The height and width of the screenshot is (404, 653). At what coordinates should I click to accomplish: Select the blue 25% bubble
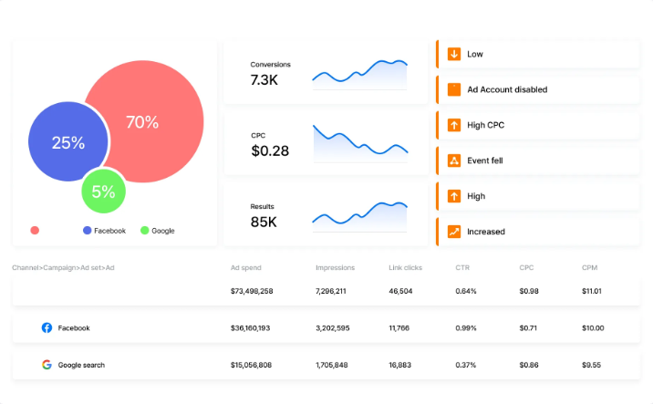point(67,141)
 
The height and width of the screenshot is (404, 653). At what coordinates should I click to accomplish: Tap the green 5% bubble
point(103,192)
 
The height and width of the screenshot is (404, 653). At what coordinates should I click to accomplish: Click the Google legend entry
point(158,231)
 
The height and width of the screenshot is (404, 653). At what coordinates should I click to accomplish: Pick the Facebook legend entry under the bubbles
point(104,231)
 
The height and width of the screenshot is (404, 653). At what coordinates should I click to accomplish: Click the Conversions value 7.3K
point(264,79)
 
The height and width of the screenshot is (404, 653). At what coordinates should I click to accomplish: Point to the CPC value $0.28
point(270,150)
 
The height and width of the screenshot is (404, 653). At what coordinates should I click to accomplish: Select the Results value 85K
point(264,222)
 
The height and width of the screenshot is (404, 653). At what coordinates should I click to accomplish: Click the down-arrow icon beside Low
point(454,54)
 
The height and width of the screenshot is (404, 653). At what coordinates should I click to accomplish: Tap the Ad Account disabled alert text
point(507,89)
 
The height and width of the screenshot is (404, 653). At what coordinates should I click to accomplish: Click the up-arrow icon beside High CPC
point(454,125)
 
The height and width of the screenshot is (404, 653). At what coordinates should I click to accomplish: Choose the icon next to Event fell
point(454,161)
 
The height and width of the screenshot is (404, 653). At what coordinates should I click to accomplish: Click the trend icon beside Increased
point(454,232)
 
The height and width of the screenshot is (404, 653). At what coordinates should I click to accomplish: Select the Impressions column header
point(336,267)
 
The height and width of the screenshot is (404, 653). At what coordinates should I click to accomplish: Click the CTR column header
point(462,267)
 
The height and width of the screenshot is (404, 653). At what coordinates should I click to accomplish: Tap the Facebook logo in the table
point(47,327)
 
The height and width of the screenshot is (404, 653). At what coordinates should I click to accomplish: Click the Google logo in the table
point(47,365)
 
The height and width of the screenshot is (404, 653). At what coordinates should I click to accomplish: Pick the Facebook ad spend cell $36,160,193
point(250,328)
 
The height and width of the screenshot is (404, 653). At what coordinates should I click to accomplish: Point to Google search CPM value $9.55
point(591,365)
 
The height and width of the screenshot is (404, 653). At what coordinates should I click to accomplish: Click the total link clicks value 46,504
point(400,291)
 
